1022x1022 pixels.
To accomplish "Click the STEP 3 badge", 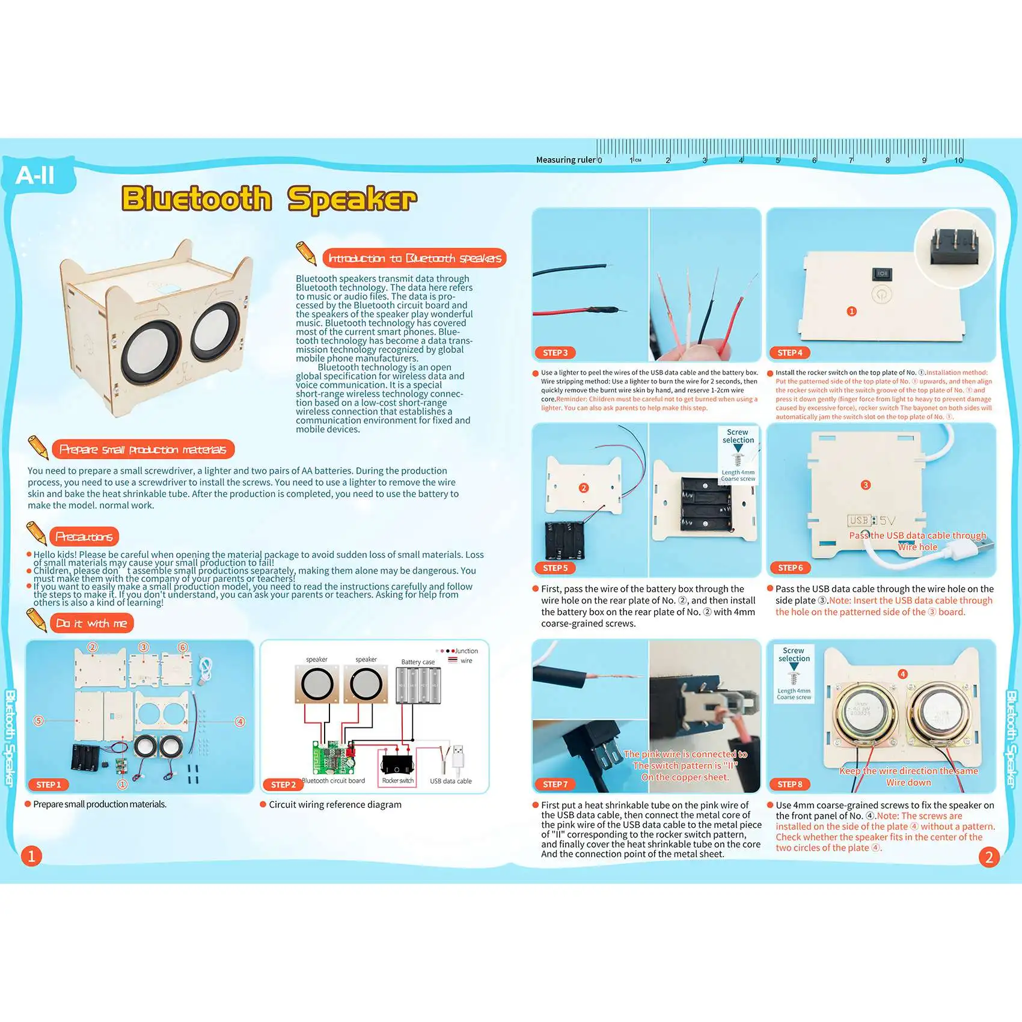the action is (x=554, y=353).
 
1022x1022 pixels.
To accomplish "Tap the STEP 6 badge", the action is (x=790, y=568).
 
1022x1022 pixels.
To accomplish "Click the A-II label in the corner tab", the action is (x=35, y=176).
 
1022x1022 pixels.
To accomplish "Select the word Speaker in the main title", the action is (x=352, y=199).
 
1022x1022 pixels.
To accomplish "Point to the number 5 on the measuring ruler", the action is (x=777, y=161).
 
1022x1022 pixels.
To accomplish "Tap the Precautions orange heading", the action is (x=84, y=536).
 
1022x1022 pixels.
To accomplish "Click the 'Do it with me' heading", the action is (x=91, y=623).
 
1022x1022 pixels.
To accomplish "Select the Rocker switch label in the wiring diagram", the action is (x=397, y=780).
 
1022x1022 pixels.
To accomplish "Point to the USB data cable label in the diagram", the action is (x=451, y=781).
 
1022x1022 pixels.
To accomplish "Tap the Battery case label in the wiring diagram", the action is (x=418, y=662).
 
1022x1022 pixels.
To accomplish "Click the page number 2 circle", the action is (x=989, y=857).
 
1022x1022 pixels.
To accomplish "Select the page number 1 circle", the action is (x=31, y=855).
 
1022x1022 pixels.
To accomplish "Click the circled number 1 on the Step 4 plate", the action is (x=851, y=311).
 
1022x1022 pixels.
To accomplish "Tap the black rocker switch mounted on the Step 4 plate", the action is (x=882, y=274).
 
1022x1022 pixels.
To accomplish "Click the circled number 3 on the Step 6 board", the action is (x=866, y=485).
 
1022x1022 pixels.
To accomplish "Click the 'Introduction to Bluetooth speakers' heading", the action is (x=414, y=259).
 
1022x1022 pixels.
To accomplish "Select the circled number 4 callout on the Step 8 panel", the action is (x=902, y=674).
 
